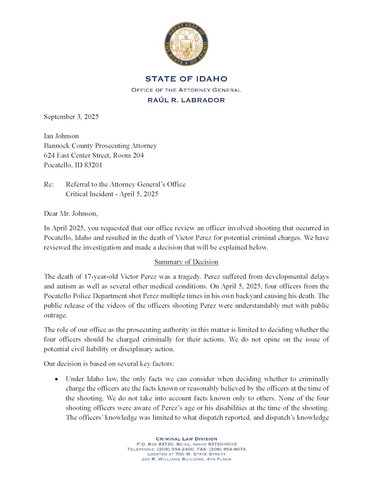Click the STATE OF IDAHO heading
(186, 79)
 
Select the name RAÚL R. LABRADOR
(186, 100)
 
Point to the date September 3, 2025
(71, 117)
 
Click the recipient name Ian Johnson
(61, 136)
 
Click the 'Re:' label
(48, 184)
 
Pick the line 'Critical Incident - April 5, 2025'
(112, 194)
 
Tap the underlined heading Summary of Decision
(186, 262)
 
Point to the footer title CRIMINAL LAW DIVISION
(186, 439)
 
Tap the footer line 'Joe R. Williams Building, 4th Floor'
(186, 459)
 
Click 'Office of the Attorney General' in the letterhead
(186, 90)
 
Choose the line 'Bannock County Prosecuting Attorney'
(100, 146)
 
